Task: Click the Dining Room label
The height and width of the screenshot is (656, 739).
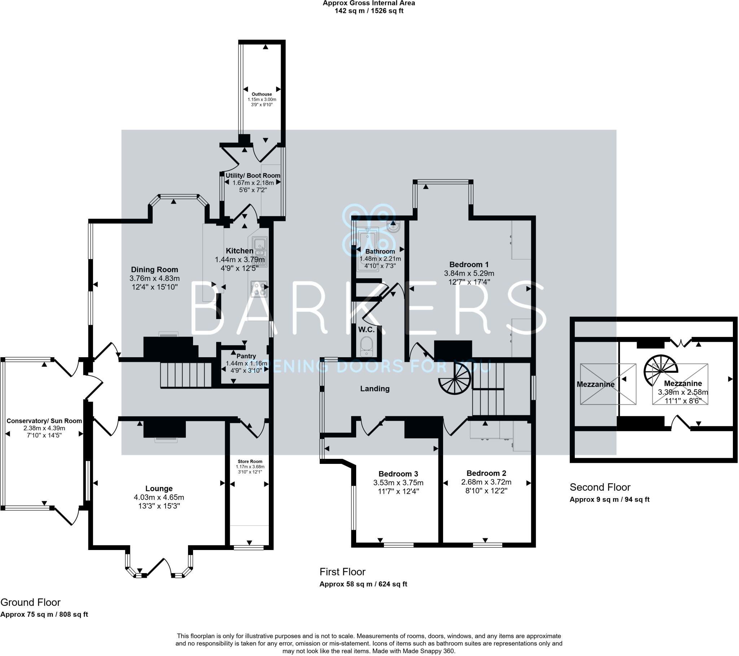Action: (x=154, y=270)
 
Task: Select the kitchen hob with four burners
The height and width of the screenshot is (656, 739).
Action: (x=259, y=289)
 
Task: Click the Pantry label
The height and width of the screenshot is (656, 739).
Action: (x=246, y=356)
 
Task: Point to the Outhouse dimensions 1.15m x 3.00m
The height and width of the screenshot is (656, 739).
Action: (x=262, y=99)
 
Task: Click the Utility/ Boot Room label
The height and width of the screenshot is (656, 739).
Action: (x=253, y=176)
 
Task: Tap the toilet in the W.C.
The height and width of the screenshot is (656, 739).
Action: (x=367, y=345)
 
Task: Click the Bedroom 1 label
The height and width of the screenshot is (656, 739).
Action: (x=469, y=265)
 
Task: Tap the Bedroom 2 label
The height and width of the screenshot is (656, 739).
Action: (x=486, y=473)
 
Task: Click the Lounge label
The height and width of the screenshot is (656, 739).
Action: (x=159, y=489)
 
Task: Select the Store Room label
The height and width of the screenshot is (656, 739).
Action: (x=250, y=462)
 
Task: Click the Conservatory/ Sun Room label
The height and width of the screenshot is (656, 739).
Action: (x=44, y=421)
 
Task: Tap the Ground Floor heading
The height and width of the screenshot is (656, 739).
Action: (x=30, y=602)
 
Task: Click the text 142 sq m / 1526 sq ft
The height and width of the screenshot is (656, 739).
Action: (x=369, y=11)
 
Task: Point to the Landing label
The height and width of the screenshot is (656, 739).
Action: (x=375, y=389)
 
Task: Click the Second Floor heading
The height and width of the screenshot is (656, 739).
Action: (x=600, y=487)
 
